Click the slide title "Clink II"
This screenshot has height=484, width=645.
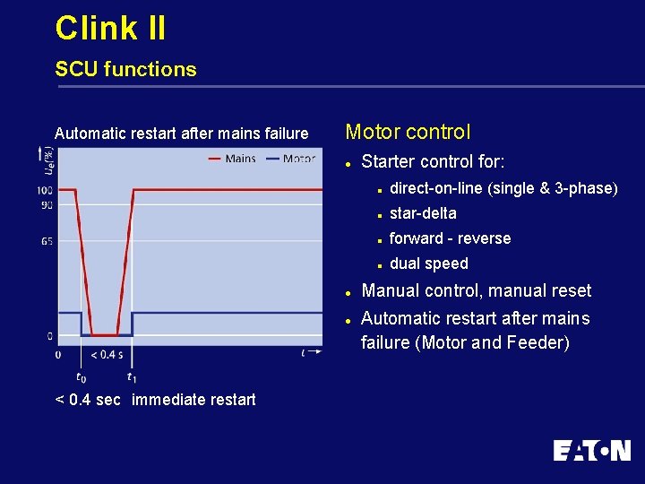point(110,28)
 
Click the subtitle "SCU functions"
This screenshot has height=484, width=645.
point(125,69)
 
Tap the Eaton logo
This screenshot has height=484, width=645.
point(591,450)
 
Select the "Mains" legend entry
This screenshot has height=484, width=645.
point(239,159)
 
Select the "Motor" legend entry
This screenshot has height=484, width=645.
point(298,159)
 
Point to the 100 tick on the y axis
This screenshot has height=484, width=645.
point(45,190)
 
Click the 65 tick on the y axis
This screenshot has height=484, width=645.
point(47,242)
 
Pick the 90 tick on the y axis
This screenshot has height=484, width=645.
point(47,204)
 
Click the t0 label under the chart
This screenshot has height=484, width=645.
point(82,377)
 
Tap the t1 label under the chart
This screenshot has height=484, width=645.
point(132,377)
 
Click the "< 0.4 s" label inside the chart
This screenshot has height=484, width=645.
point(107,354)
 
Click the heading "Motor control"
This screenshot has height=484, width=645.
point(408,132)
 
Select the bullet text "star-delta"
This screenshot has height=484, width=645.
point(423,213)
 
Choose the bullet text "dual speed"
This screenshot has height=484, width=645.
point(428,264)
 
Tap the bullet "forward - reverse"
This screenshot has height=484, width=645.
point(450,238)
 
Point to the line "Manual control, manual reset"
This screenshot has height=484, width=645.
point(476,290)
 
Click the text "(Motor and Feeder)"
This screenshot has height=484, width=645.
point(465,342)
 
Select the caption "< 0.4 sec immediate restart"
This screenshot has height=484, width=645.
point(155,400)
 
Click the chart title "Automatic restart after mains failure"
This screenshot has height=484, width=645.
point(181,134)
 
